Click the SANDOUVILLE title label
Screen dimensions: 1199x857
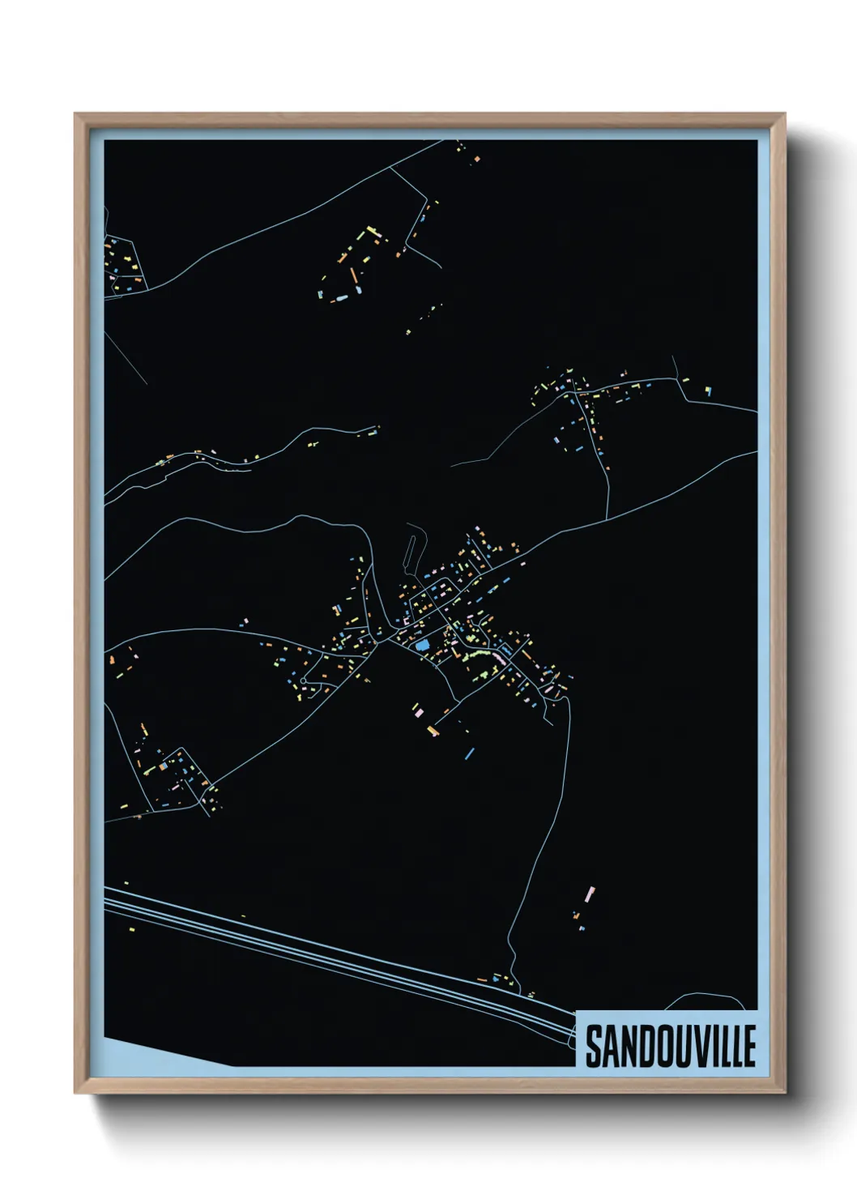pyautogui.click(x=670, y=1046)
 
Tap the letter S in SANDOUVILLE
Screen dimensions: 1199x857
pyautogui.click(x=594, y=1047)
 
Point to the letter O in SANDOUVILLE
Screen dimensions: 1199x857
pyautogui.click(x=657, y=1047)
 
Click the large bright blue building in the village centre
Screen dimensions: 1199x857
pyautogui.click(x=422, y=646)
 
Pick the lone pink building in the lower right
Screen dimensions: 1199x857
pyautogui.click(x=590, y=894)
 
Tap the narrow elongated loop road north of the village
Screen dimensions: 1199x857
pyautogui.click(x=412, y=546)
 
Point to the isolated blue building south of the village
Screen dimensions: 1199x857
pyautogui.click(x=468, y=754)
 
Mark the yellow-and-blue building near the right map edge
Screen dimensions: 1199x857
pyautogui.click(x=708, y=391)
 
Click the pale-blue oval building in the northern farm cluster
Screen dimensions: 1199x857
pyautogui.click(x=341, y=298)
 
